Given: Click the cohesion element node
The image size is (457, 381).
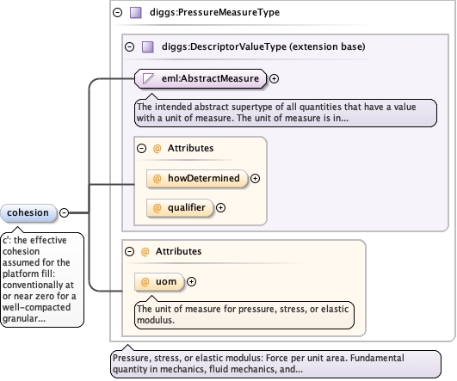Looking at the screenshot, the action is click(x=28, y=213).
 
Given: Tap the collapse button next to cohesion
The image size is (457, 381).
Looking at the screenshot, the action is click(x=65, y=213).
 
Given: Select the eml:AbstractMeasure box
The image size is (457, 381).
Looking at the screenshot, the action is click(x=201, y=78).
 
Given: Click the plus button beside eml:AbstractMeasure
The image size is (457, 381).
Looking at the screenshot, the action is click(x=274, y=78).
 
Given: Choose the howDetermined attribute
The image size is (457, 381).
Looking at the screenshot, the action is click(x=197, y=178).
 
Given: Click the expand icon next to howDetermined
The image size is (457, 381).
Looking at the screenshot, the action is click(x=256, y=179).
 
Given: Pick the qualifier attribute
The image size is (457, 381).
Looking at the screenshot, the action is click(x=180, y=208).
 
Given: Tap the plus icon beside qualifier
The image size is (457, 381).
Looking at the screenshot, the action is click(x=221, y=207).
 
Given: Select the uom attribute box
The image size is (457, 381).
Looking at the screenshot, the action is click(x=159, y=282).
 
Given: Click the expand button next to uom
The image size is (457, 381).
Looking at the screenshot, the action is click(x=191, y=282).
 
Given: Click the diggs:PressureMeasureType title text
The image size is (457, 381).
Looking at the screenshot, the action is click(x=214, y=13).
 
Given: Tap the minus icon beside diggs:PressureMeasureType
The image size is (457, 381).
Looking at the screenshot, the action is click(x=117, y=13).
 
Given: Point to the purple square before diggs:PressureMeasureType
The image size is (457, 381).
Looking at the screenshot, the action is click(x=135, y=13).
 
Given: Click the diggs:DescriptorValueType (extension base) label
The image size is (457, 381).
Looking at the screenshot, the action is click(x=263, y=46).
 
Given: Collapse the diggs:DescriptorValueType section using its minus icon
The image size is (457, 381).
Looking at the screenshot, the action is click(x=129, y=47).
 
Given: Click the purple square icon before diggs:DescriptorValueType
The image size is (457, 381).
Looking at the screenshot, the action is click(x=147, y=47).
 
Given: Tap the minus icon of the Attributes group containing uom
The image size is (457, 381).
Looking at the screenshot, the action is click(x=129, y=251).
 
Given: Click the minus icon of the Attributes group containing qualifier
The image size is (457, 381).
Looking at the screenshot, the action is click(x=142, y=149).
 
